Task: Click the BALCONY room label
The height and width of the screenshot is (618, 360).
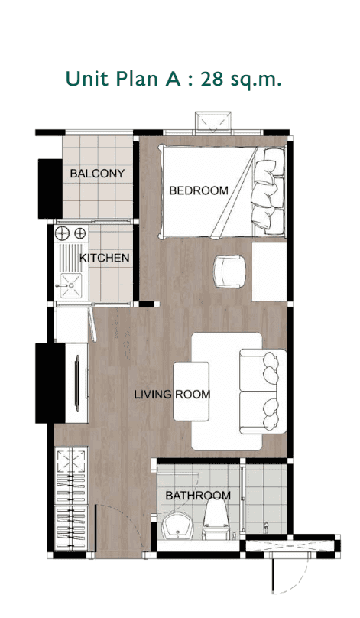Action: point(96,174)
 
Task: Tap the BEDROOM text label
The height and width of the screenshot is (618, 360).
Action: point(198,190)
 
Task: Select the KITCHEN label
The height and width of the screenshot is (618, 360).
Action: point(104,258)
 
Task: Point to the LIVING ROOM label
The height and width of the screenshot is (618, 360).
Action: point(172,395)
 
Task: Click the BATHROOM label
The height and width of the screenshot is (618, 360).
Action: point(198,496)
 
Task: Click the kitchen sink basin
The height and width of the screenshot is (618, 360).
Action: point(69,285)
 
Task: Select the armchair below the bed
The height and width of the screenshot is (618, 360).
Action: point(229,271)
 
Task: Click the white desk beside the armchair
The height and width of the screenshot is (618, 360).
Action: point(268,272)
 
